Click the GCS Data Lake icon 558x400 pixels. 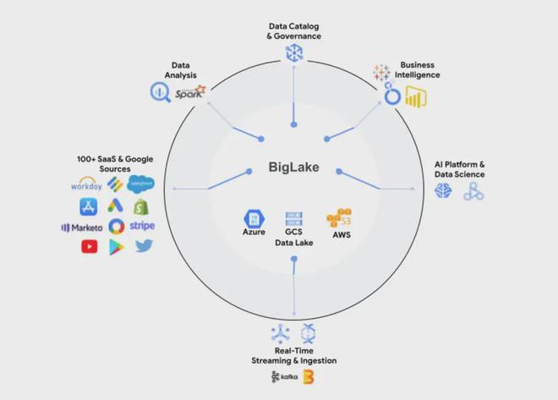click(x=294, y=218)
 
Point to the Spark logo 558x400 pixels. click(x=190, y=93)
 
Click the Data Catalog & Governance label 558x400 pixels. click(x=293, y=31)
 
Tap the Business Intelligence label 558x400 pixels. click(x=419, y=69)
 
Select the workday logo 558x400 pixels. click(x=87, y=184)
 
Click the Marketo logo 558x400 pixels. click(x=82, y=227)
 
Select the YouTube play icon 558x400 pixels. click(x=90, y=247)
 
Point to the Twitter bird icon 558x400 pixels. click(x=144, y=247)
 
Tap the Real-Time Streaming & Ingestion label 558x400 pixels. click(x=293, y=355)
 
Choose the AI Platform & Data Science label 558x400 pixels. click(x=459, y=169)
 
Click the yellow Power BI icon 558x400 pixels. click(x=413, y=99)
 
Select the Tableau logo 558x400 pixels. click(x=381, y=72)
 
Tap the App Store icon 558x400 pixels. click(x=89, y=205)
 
